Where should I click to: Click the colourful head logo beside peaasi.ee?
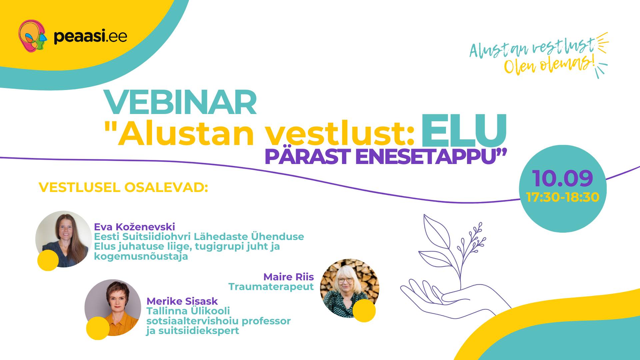click(x=32, y=36)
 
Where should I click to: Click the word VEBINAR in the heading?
click(x=180, y=102)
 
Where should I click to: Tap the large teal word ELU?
click(x=464, y=130)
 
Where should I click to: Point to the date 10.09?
click(x=563, y=178)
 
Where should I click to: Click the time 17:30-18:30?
click(x=563, y=197)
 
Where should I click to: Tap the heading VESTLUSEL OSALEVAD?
click(x=123, y=187)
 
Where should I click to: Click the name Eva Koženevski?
click(x=134, y=227)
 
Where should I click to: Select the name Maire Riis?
click(x=289, y=277)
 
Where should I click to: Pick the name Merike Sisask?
click(x=182, y=301)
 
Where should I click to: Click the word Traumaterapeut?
click(x=271, y=287)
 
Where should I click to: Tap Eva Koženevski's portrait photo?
click(x=64, y=239)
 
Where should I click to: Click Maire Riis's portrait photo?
click(x=350, y=288)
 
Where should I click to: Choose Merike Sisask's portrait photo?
click(x=113, y=308)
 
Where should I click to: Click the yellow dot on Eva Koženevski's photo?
click(x=48, y=260)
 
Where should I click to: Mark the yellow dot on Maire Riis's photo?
click(x=364, y=311)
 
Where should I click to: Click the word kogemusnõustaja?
click(x=141, y=257)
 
